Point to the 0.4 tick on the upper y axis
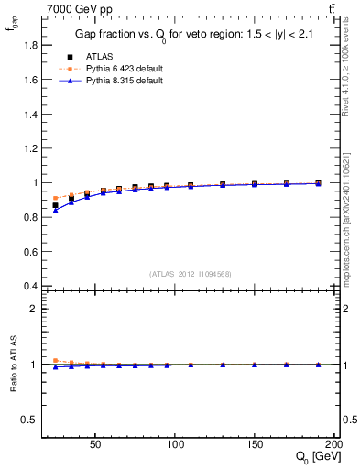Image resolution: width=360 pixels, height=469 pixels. [x=31, y=286]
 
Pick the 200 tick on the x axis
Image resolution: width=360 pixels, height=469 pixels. [x=333, y=442]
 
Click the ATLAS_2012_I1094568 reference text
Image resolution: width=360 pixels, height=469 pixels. [x=191, y=273]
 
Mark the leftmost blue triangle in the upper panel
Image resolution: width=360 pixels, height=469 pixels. [x=55, y=210]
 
